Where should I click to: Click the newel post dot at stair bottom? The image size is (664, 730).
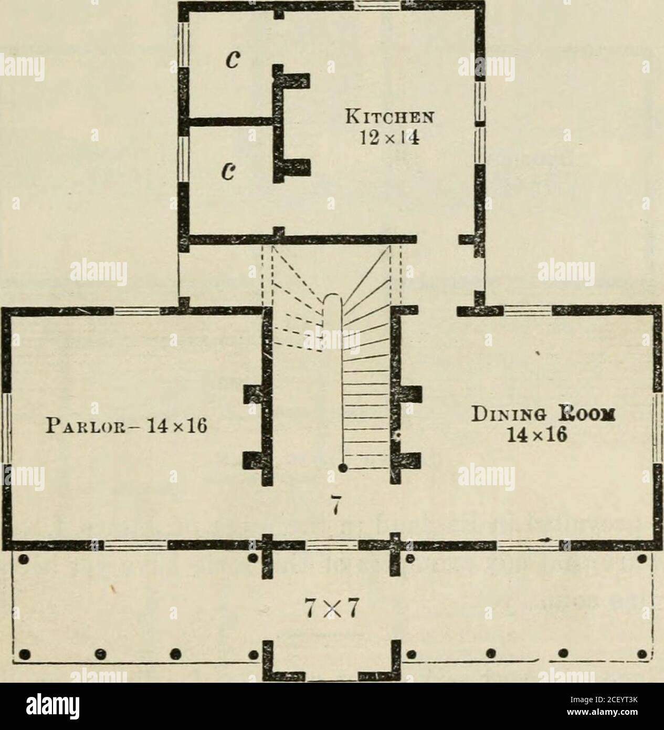click(x=342, y=467)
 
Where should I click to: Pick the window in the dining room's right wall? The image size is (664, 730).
click(x=658, y=429)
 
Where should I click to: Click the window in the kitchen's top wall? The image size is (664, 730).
click(x=377, y=5)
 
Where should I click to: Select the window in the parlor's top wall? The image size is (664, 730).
click(x=136, y=311)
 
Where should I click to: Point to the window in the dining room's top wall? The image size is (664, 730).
click(x=528, y=311)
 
